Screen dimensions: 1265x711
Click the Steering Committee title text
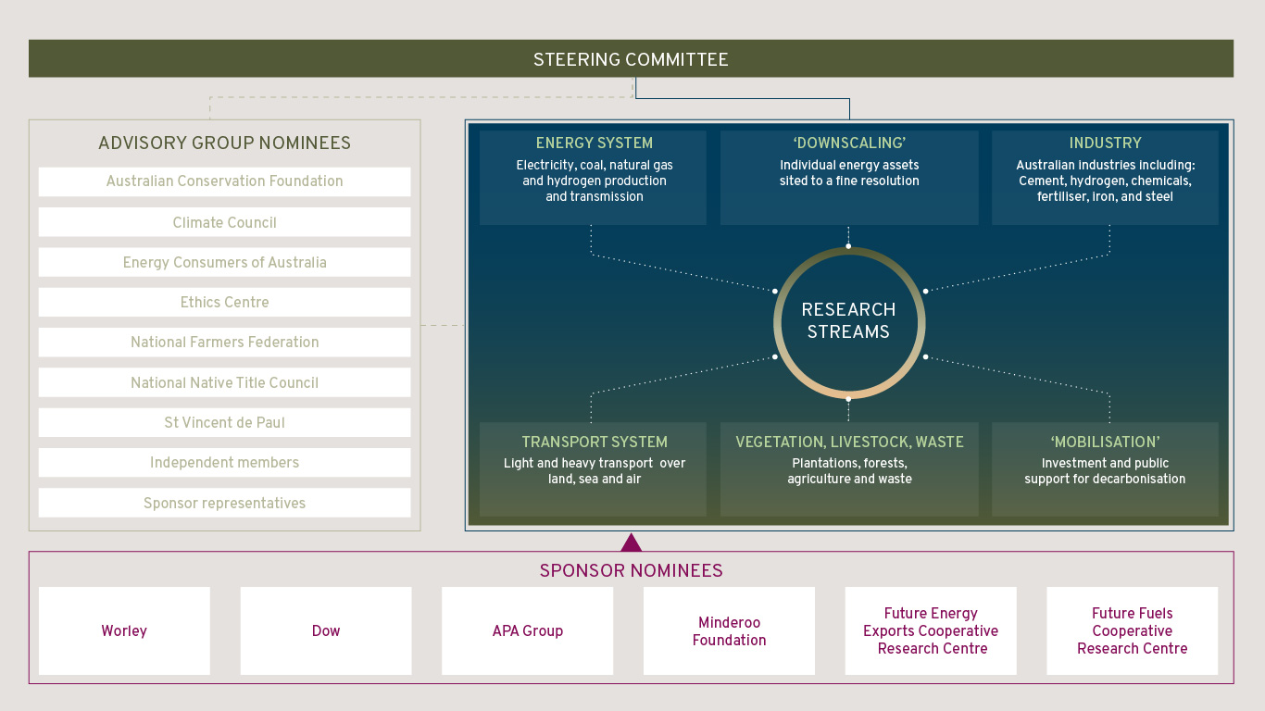point(631,59)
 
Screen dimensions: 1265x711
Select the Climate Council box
point(224,222)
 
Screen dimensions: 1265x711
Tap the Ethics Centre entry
point(224,302)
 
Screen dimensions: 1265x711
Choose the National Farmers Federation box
point(224,343)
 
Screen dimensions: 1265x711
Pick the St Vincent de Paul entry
point(224,422)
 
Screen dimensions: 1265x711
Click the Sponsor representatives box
point(224,503)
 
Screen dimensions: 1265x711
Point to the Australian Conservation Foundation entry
point(224,181)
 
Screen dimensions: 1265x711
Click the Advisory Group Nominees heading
point(224,143)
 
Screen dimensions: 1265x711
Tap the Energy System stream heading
point(595,143)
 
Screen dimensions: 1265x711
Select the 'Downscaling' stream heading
point(849,143)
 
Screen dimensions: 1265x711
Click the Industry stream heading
point(1105,143)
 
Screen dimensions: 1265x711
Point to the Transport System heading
point(595,442)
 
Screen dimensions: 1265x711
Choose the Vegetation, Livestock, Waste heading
point(849,442)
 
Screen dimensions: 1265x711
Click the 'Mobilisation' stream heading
point(1105,442)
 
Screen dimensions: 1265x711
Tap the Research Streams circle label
point(848,320)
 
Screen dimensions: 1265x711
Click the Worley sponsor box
point(124,630)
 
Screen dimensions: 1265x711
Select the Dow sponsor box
point(326,630)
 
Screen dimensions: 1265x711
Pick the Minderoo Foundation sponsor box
point(729,630)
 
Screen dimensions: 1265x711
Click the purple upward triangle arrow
point(631,543)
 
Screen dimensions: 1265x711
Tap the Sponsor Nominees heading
point(631,570)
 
